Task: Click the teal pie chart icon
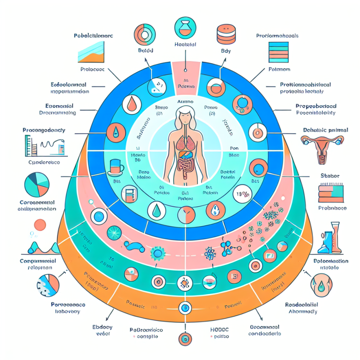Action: click(37, 185)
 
